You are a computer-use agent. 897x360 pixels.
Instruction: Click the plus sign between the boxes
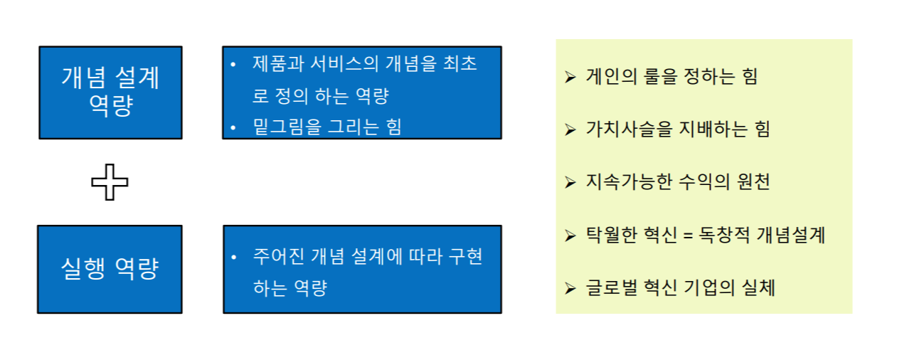point(110,182)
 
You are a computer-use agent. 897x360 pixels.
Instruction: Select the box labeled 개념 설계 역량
point(110,92)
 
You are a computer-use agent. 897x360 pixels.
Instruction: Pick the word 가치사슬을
point(627,129)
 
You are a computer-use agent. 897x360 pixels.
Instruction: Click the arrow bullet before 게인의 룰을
point(570,77)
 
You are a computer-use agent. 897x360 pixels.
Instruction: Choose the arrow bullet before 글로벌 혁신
point(570,288)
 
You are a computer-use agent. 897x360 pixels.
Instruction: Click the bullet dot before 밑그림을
point(233,127)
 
